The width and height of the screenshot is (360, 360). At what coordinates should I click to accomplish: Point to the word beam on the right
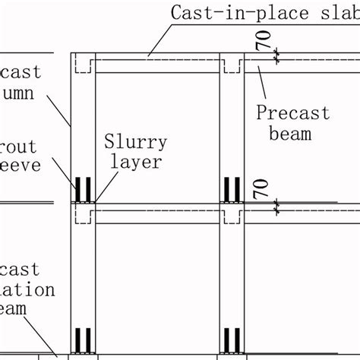[292, 134]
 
